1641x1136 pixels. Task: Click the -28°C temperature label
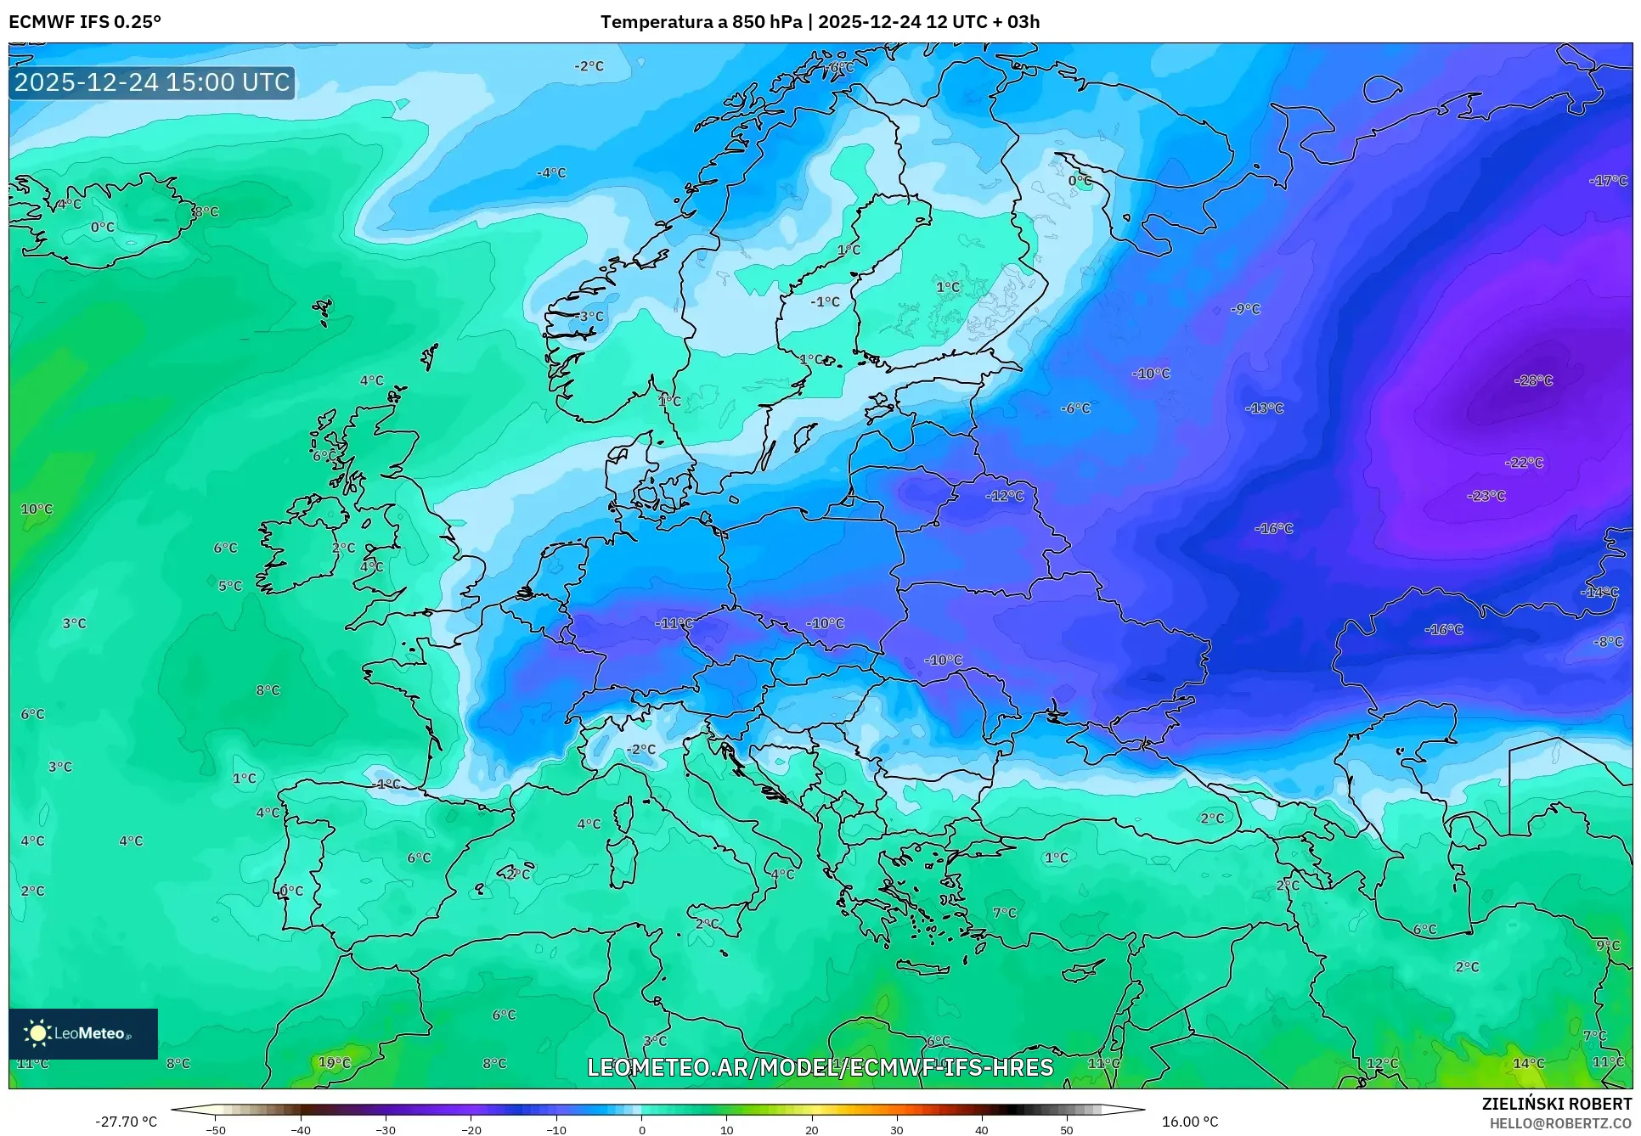(x=1533, y=380)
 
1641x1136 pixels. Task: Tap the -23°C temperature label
(x=1486, y=496)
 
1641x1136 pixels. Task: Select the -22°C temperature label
(x=1524, y=463)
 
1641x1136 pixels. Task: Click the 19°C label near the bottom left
(x=334, y=1062)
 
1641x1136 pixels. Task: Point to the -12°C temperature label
(x=1004, y=496)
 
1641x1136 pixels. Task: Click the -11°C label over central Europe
(x=674, y=623)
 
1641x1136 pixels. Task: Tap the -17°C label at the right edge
(x=1607, y=181)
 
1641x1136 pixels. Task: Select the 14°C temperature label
(x=1528, y=1063)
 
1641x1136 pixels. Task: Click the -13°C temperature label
(x=1264, y=408)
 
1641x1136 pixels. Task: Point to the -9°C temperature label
(x=1245, y=309)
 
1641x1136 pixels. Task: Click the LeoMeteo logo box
(x=83, y=1033)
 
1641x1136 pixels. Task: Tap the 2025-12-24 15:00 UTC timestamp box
(x=152, y=82)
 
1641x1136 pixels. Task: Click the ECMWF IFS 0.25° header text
(x=84, y=22)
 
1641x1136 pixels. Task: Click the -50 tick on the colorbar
(x=216, y=1129)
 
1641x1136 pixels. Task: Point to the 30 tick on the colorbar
(x=897, y=1129)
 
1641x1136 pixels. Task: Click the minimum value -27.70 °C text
(x=126, y=1122)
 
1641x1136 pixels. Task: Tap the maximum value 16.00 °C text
(x=1189, y=1122)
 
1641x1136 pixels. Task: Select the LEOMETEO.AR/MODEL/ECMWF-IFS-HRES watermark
(x=820, y=1067)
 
